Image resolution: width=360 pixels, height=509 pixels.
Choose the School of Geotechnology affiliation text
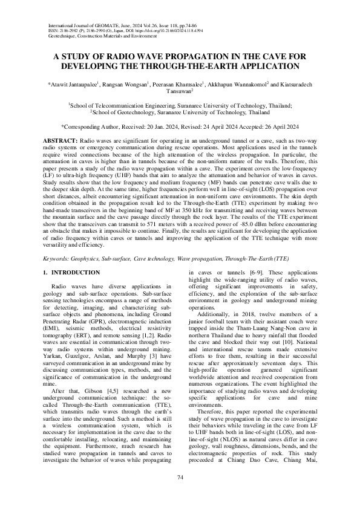pos(180,112)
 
